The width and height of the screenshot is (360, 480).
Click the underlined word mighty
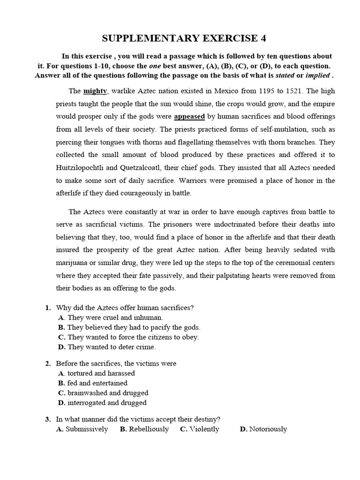pyautogui.click(x=95, y=91)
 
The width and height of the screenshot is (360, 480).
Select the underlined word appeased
pyautogui.click(x=189, y=116)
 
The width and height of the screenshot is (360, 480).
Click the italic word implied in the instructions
pyautogui.click(x=317, y=75)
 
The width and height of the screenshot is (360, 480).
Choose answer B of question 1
pyautogui.click(x=134, y=327)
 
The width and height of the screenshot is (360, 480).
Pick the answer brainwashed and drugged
pyautogui.click(x=108, y=393)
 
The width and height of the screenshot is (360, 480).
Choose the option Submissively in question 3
pyautogui.click(x=87, y=429)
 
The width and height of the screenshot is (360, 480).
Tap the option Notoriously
pyautogui.click(x=268, y=429)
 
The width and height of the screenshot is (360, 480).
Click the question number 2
pyautogui.click(x=48, y=363)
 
